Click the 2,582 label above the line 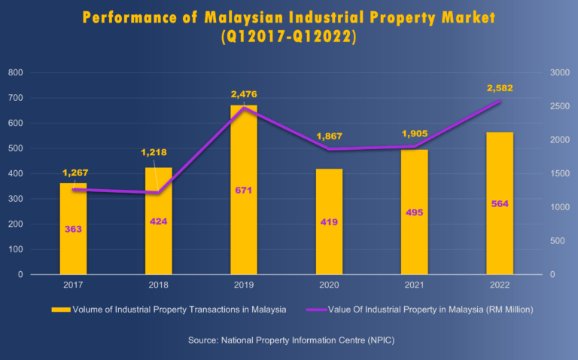click(500, 88)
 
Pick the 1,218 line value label click(156, 153)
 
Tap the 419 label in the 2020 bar click(329, 222)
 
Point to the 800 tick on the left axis click(16, 73)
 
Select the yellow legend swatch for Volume click(59, 310)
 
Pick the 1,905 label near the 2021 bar click(414, 134)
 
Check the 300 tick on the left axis click(16, 199)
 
